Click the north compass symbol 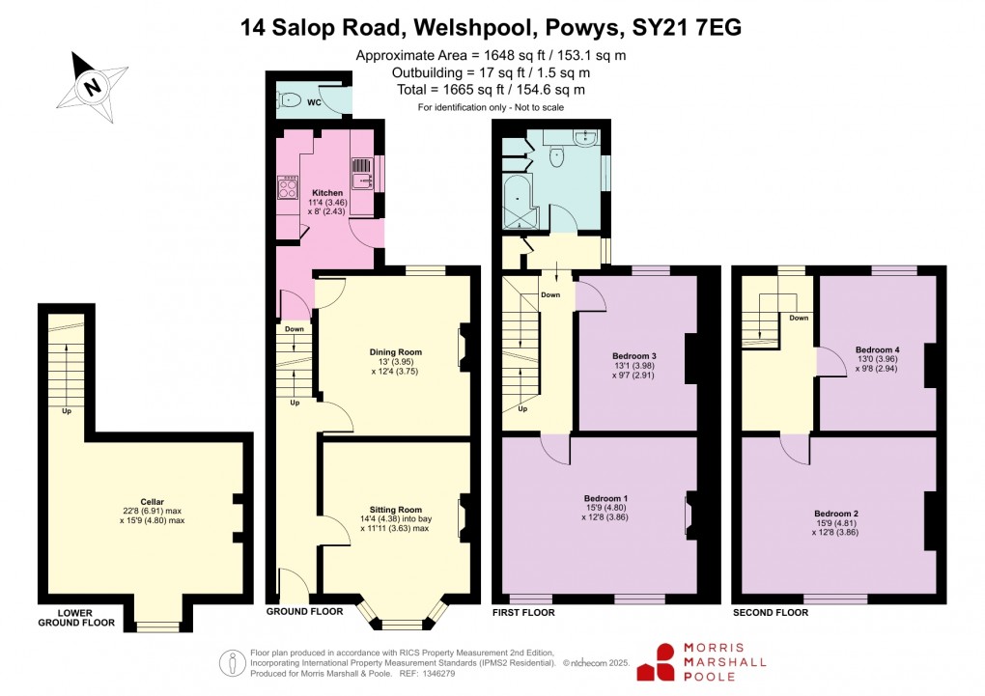click(x=92, y=85)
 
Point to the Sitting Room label click(x=396, y=510)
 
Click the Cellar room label click(x=152, y=502)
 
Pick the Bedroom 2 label click(x=836, y=514)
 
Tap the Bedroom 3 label click(x=633, y=357)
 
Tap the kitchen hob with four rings click(x=287, y=185)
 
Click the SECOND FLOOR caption click(x=770, y=612)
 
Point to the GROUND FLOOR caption click(x=305, y=612)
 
